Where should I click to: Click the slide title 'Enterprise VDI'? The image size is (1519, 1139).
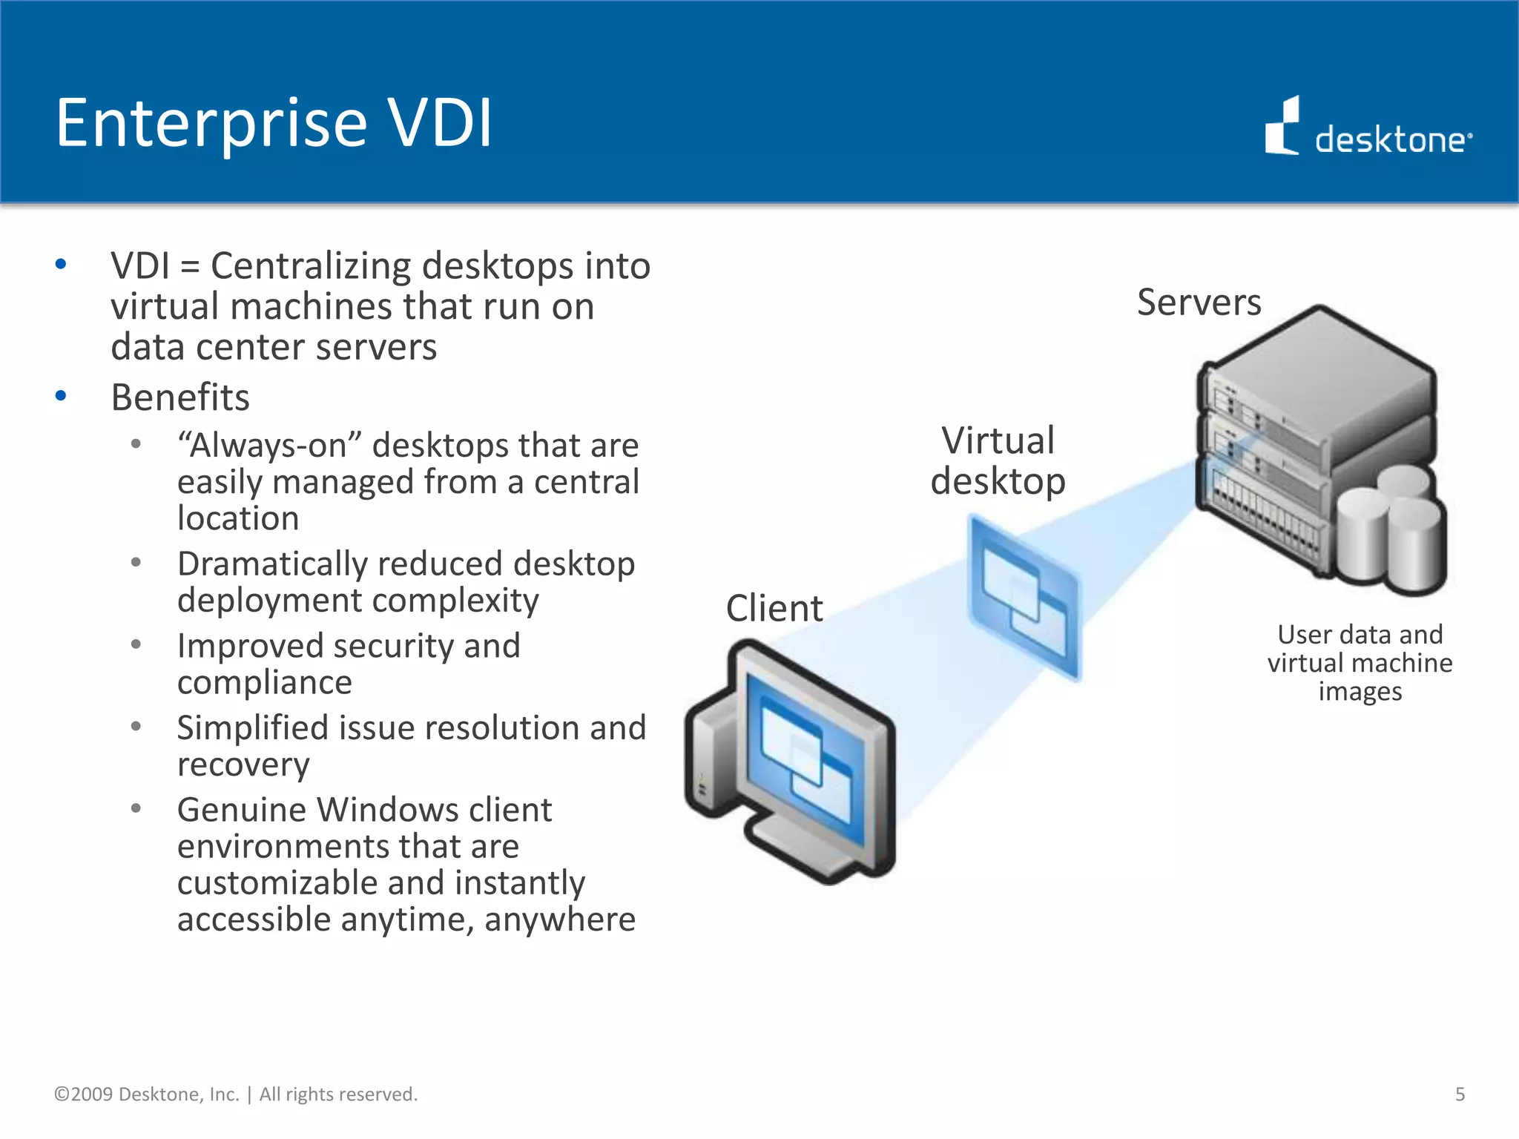274,123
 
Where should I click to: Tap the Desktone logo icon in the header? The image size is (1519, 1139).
1282,127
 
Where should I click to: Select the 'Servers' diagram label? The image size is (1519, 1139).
1199,303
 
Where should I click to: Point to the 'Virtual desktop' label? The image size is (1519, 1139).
998,461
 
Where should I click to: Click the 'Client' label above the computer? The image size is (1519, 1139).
774,609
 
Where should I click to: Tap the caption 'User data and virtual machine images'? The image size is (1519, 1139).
1360,663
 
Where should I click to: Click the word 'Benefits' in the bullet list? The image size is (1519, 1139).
180,397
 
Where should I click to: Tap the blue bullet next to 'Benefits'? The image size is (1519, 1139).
61,396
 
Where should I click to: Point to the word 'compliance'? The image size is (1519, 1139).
264,683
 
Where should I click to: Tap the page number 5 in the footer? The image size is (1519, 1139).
1460,1095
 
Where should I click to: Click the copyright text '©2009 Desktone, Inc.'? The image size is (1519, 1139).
147,1095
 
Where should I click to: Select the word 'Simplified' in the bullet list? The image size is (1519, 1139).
251,728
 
